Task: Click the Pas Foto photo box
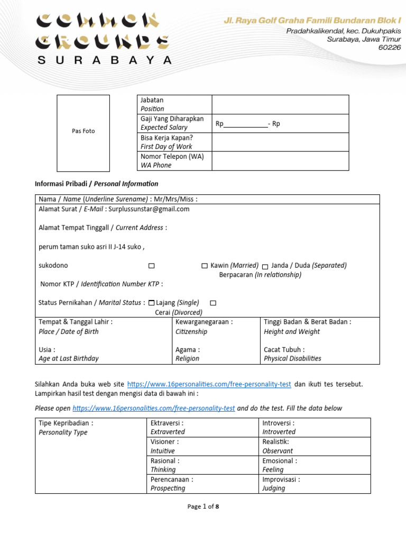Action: pos(83,132)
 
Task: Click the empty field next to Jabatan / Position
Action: pos(280,104)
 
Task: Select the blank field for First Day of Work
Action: pos(280,142)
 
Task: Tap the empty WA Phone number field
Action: pos(280,161)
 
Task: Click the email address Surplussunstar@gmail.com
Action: pos(149,209)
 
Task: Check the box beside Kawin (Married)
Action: pos(205,266)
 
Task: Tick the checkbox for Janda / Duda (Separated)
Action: pos(265,266)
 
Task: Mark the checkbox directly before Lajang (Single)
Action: pos(152,303)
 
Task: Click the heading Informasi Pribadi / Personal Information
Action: pos(96,184)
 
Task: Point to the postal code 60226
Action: pos(390,47)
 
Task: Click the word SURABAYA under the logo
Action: pos(104,60)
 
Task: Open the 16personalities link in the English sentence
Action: pos(153,409)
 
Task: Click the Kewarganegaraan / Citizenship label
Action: pos(204,327)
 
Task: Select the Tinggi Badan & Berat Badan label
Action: pos(307,327)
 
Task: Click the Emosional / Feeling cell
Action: pos(280,465)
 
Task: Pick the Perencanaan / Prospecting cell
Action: pos(172,484)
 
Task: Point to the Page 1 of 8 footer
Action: pos(203,507)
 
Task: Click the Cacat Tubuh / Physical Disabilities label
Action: pos(292,354)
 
